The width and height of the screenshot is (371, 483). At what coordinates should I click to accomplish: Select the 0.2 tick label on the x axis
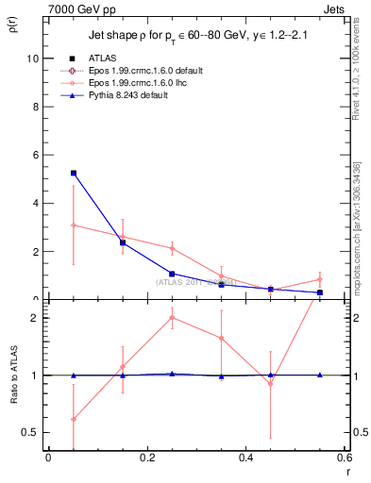click(146, 458)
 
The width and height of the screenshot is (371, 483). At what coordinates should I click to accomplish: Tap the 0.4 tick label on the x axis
click(245, 458)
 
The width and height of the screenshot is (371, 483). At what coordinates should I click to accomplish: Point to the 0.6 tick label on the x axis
click(342, 458)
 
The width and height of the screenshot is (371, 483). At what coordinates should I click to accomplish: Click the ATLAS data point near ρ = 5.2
click(73, 174)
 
